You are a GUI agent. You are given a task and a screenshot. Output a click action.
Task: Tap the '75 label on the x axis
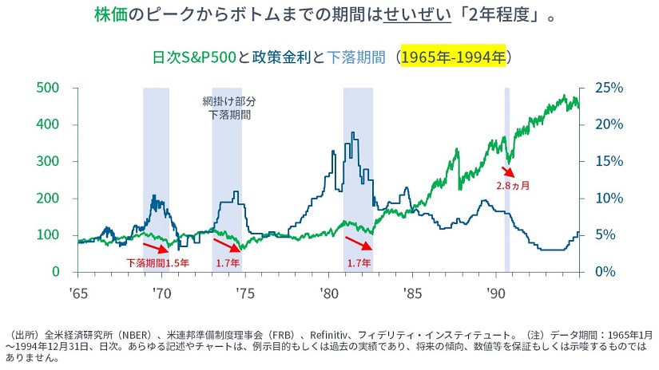(244, 292)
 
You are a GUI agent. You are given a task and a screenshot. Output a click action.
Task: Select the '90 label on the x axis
(492, 292)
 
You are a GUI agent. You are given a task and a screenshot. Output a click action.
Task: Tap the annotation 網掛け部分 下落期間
(229, 108)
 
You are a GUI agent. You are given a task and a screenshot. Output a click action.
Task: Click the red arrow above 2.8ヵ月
(509, 171)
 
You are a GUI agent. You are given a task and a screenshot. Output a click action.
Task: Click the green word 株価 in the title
(109, 15)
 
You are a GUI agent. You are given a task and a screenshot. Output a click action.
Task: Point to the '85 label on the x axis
(410, 292)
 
